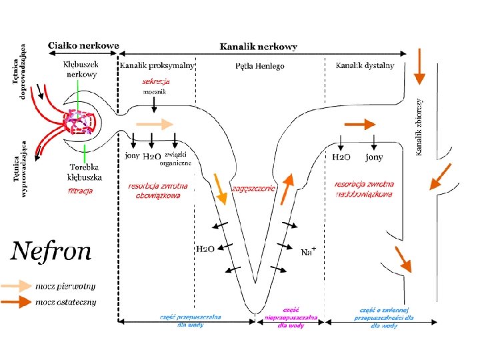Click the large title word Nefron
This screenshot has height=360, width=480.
[50, 253]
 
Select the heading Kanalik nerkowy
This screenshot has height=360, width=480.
[259, 47]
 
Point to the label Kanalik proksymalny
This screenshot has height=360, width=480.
[157, 65]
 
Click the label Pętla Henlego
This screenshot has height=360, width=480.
[260, 66]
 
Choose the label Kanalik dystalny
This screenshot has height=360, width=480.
[365, 65]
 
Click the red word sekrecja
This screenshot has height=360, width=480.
[156, 81]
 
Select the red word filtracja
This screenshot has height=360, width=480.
[80, 191]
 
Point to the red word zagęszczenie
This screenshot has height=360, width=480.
[253, 188]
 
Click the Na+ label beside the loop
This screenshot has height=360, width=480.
[308, 252]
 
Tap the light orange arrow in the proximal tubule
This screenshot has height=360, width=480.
[154, 124]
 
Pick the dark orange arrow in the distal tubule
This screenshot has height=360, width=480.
[359, 125]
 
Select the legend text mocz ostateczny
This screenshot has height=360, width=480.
[66, 302]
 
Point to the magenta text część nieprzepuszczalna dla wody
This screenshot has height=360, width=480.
[291, 317]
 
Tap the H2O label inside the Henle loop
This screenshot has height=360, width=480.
[205, 249]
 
